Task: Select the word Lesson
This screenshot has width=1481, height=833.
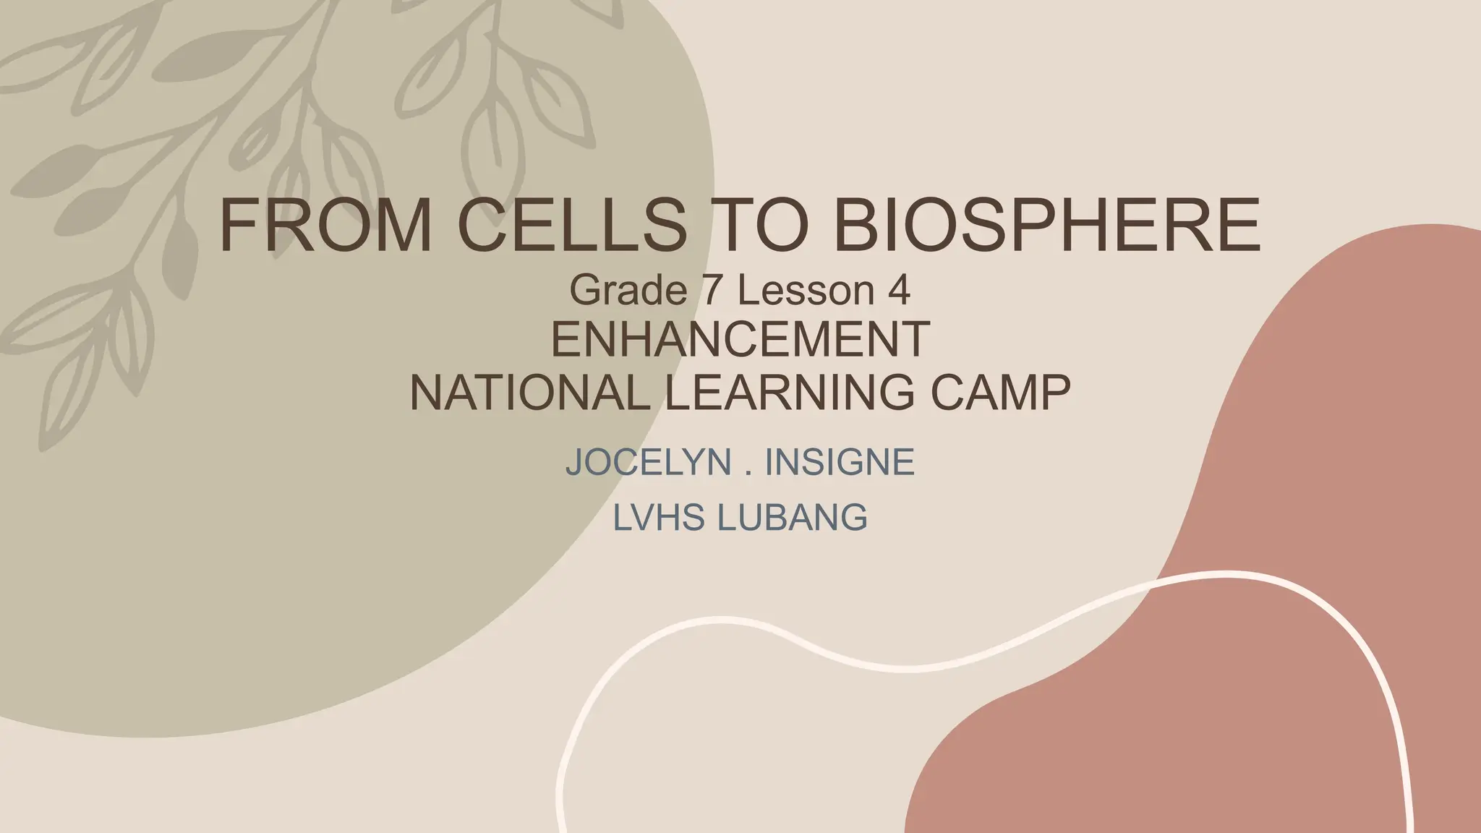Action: click(x=806, y=291)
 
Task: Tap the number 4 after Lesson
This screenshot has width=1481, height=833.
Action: click(x=897, y=291)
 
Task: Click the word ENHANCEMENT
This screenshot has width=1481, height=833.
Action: click(x=740, y=340)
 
